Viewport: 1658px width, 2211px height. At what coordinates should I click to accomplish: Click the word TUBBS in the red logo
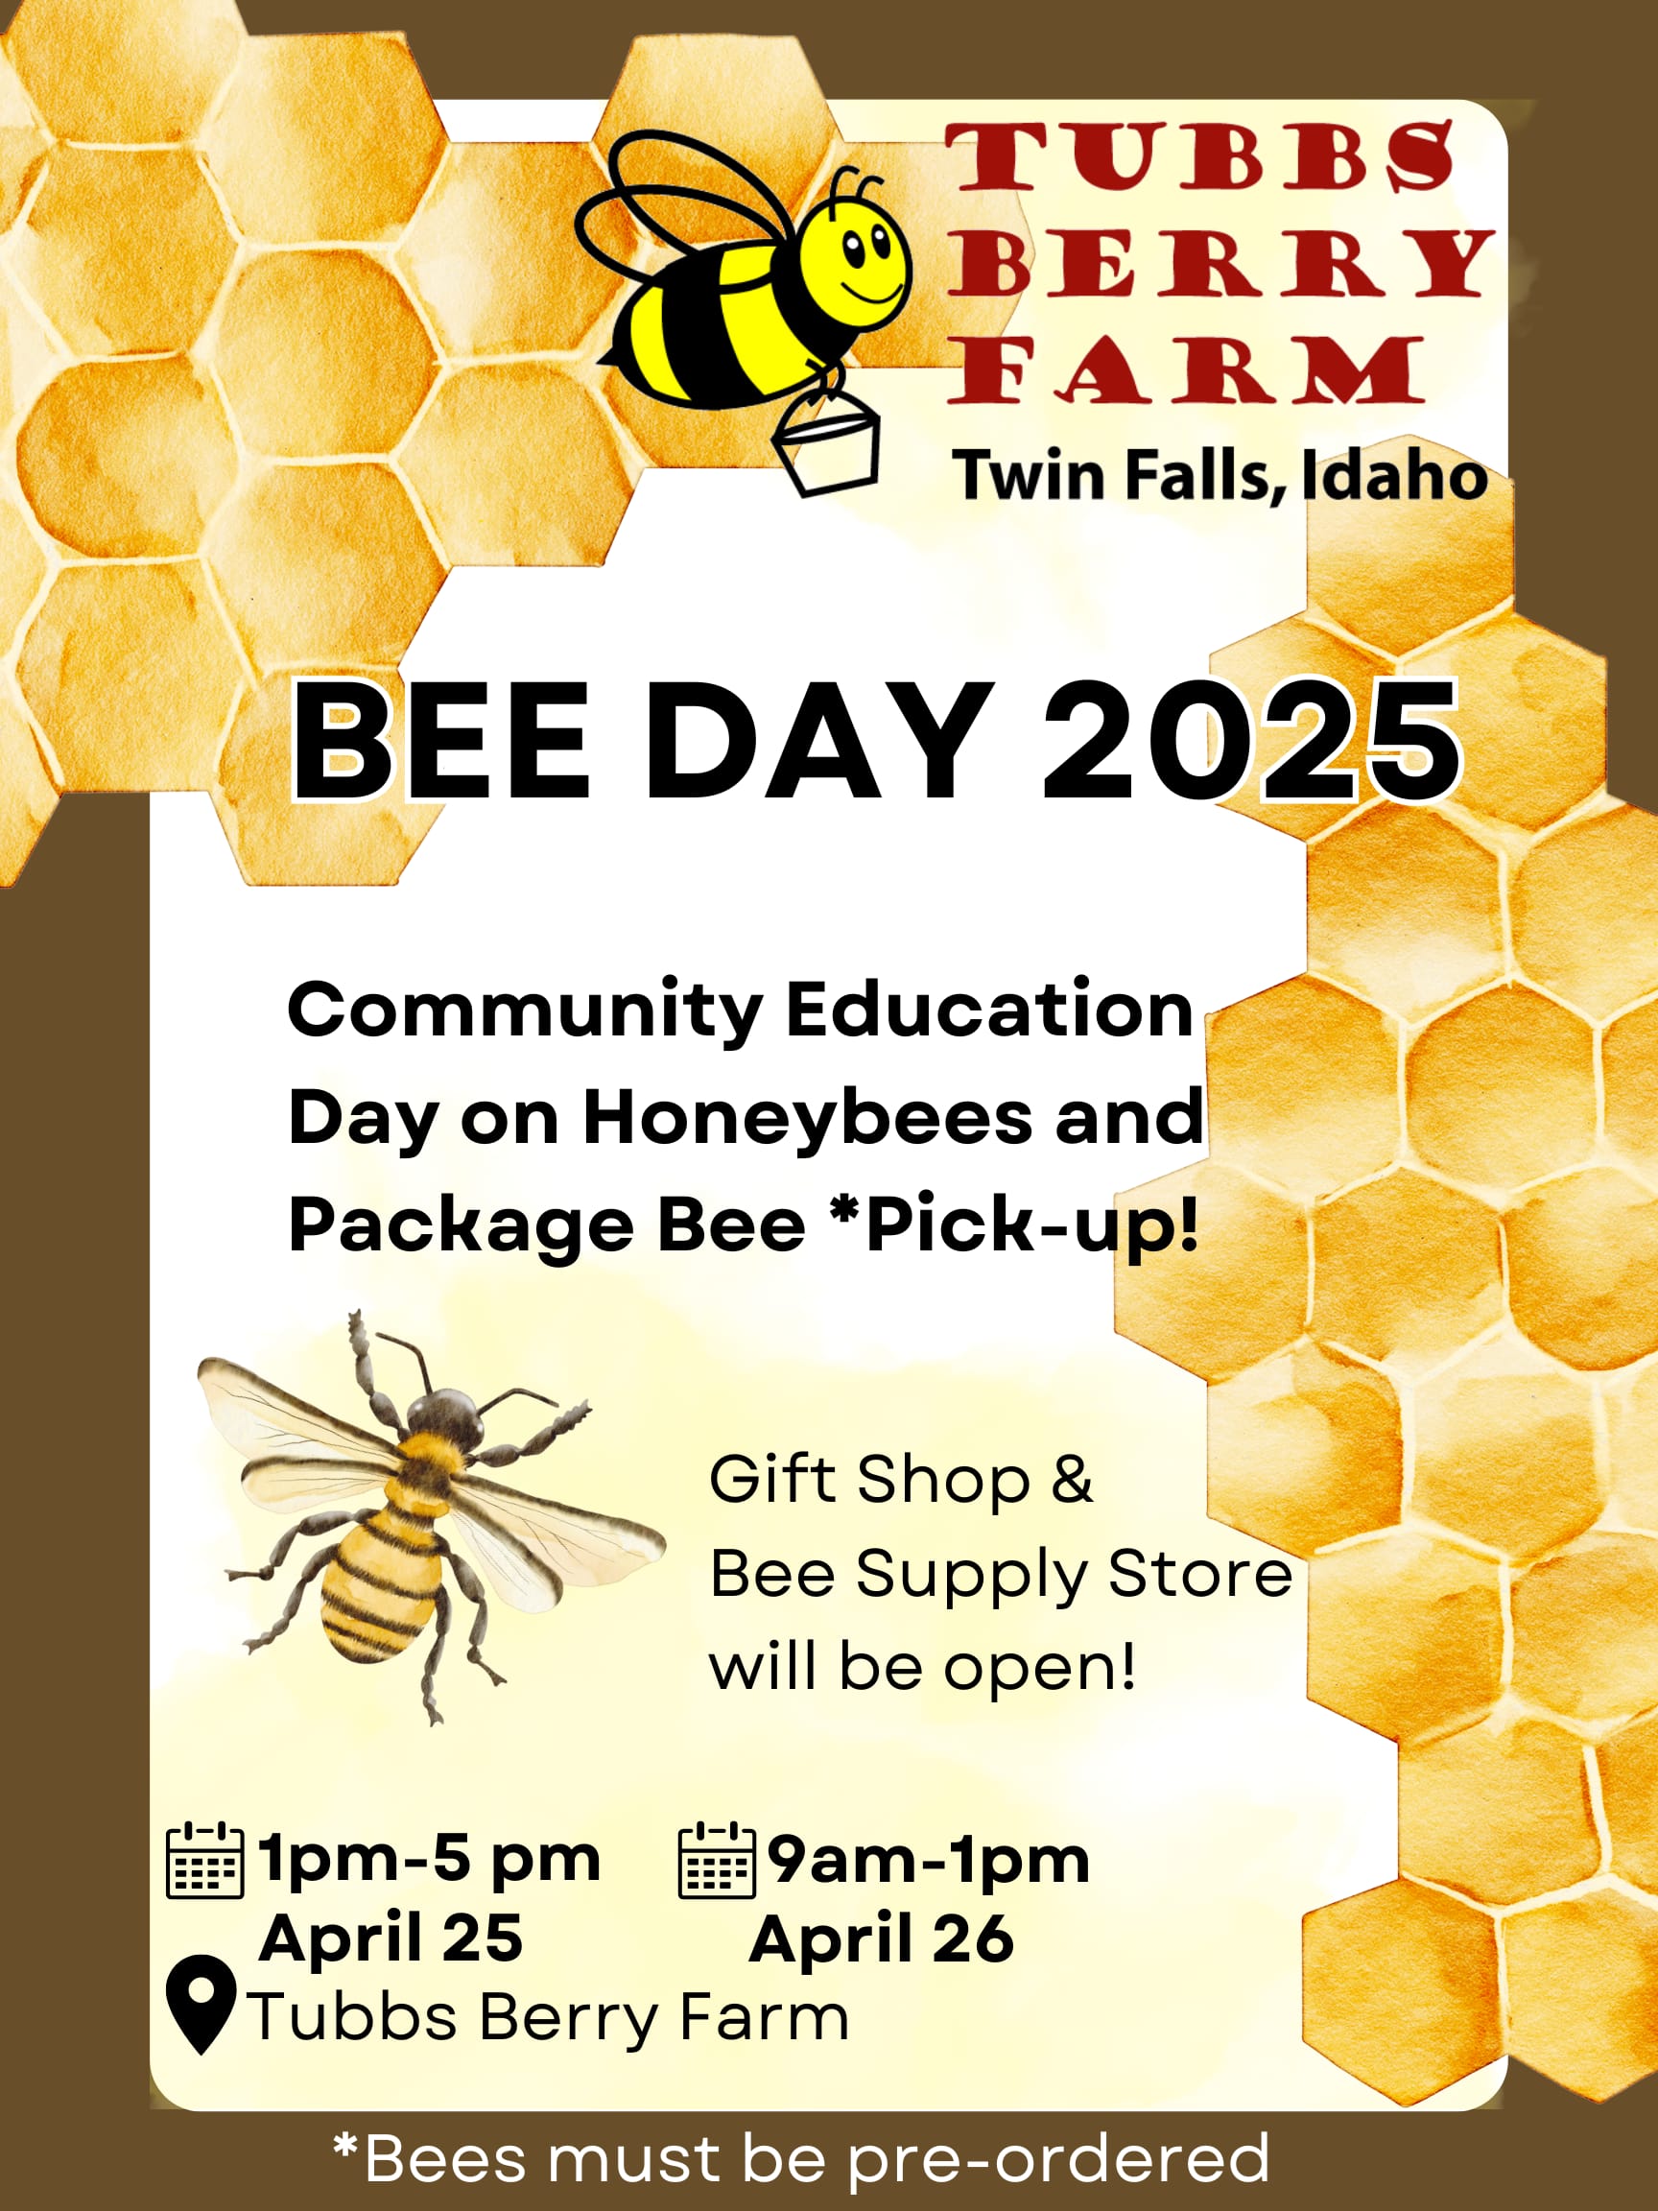(1200, 157)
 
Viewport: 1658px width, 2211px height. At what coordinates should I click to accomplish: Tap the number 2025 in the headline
(1251, 741)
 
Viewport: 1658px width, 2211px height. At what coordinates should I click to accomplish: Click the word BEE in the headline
(439, 741)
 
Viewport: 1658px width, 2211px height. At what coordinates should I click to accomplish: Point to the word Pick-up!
(1031, 1225)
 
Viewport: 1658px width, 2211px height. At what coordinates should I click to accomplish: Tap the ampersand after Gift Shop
(1072, 1480)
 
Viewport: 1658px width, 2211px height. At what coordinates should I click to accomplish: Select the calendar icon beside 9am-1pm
(717, 1860)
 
